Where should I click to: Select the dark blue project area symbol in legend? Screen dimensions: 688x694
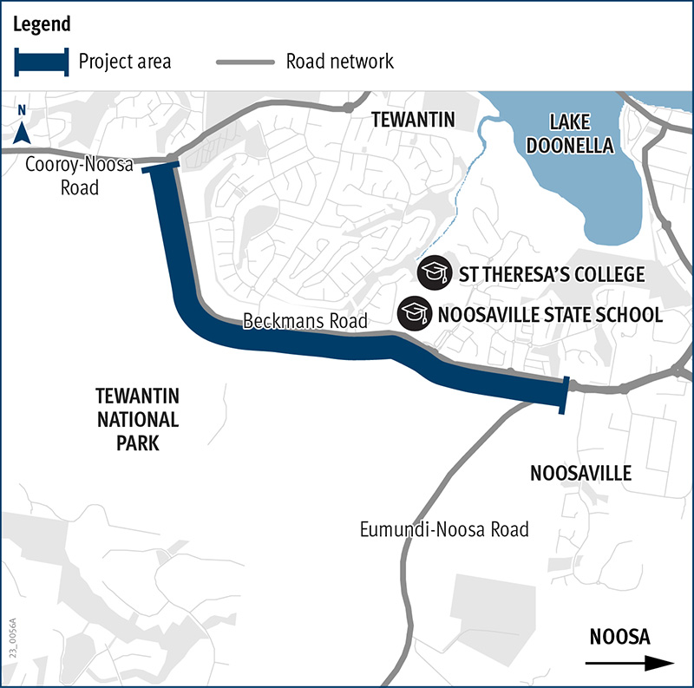coord(40,62)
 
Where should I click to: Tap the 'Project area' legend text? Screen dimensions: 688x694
coord(124,62)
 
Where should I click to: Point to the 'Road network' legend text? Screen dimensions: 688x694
coord(339,62)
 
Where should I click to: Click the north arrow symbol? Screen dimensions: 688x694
coord(23,129)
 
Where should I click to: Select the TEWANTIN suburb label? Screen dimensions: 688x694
coord(412,120)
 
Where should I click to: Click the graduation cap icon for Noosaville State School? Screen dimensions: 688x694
coord(414,312)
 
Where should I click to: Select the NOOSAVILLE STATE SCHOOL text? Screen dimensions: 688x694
coord(551,314)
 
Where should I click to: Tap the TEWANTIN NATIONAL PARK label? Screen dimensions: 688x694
coord(137,420)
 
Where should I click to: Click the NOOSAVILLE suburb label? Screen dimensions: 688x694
coord(580,474)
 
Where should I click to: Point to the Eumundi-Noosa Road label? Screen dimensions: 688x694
coord(444,529)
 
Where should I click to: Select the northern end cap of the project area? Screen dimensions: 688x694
coord(162,167)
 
